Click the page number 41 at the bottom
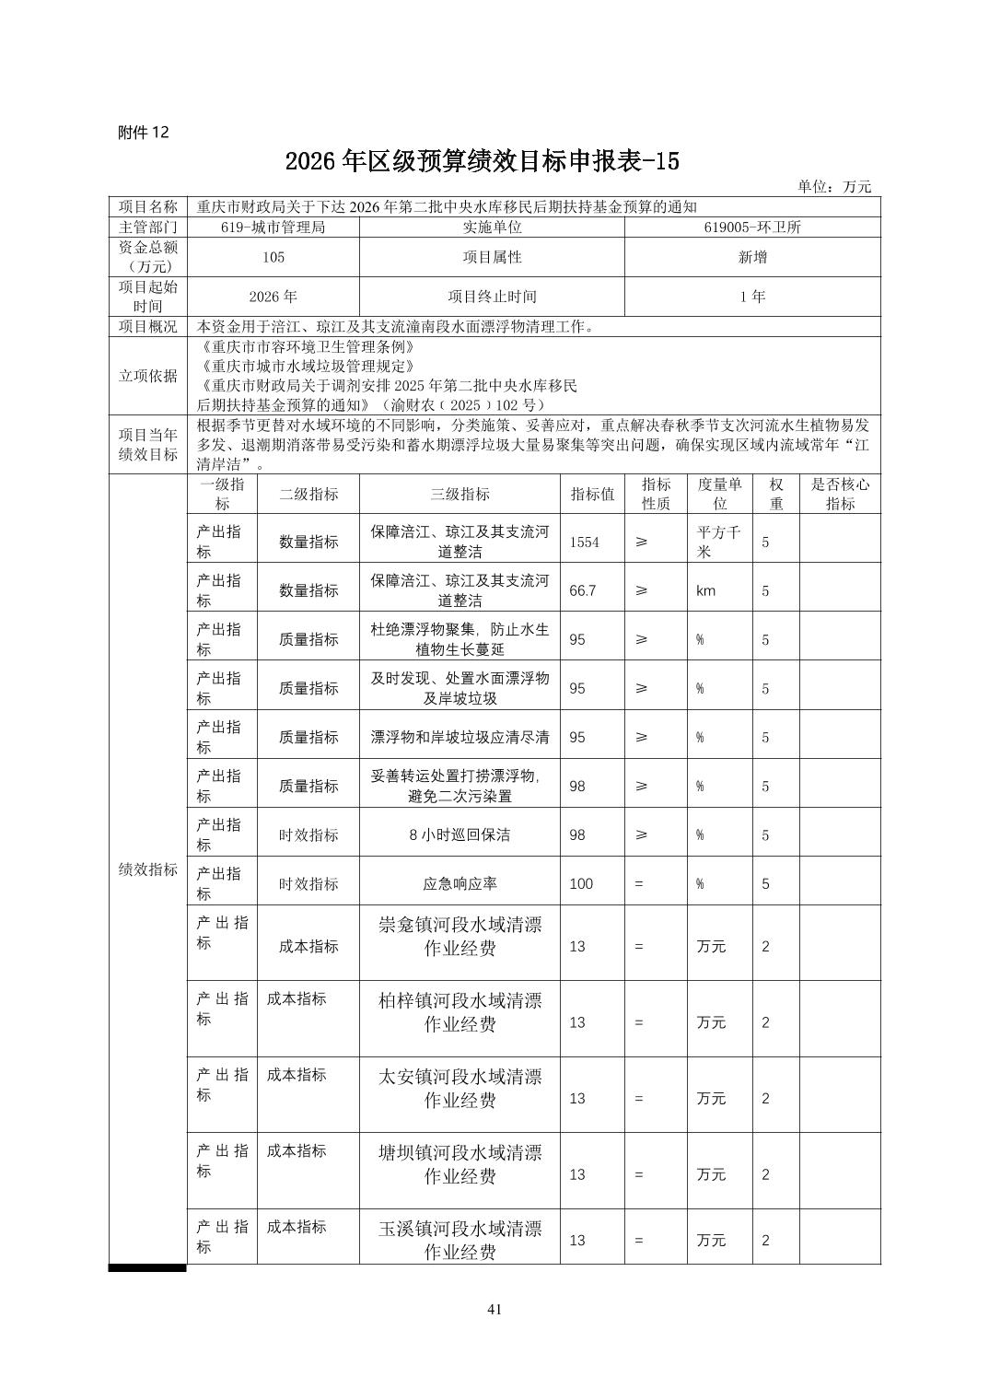pos(494,1310)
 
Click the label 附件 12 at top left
pos(144,133)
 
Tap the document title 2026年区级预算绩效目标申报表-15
pos(482,161)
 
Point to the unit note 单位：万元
pos(833,187)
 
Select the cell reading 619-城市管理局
pos(273,227)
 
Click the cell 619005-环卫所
pos(751,227)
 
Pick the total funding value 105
pos(273,258)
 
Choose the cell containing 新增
pos(751,258)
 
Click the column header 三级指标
pos(460,495)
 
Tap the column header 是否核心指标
pos(839,495)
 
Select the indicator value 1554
pos(584,542)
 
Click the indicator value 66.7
pos(582,591)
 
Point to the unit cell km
pos(705,591)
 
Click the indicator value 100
pos(581,884)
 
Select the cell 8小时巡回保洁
pos(460,835)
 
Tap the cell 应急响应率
pos(460,884)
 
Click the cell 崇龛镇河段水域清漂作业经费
pos(460,936)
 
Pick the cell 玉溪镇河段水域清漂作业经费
pos(460,1240)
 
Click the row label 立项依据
pos(147,376)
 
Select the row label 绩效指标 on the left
pos(147,869)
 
